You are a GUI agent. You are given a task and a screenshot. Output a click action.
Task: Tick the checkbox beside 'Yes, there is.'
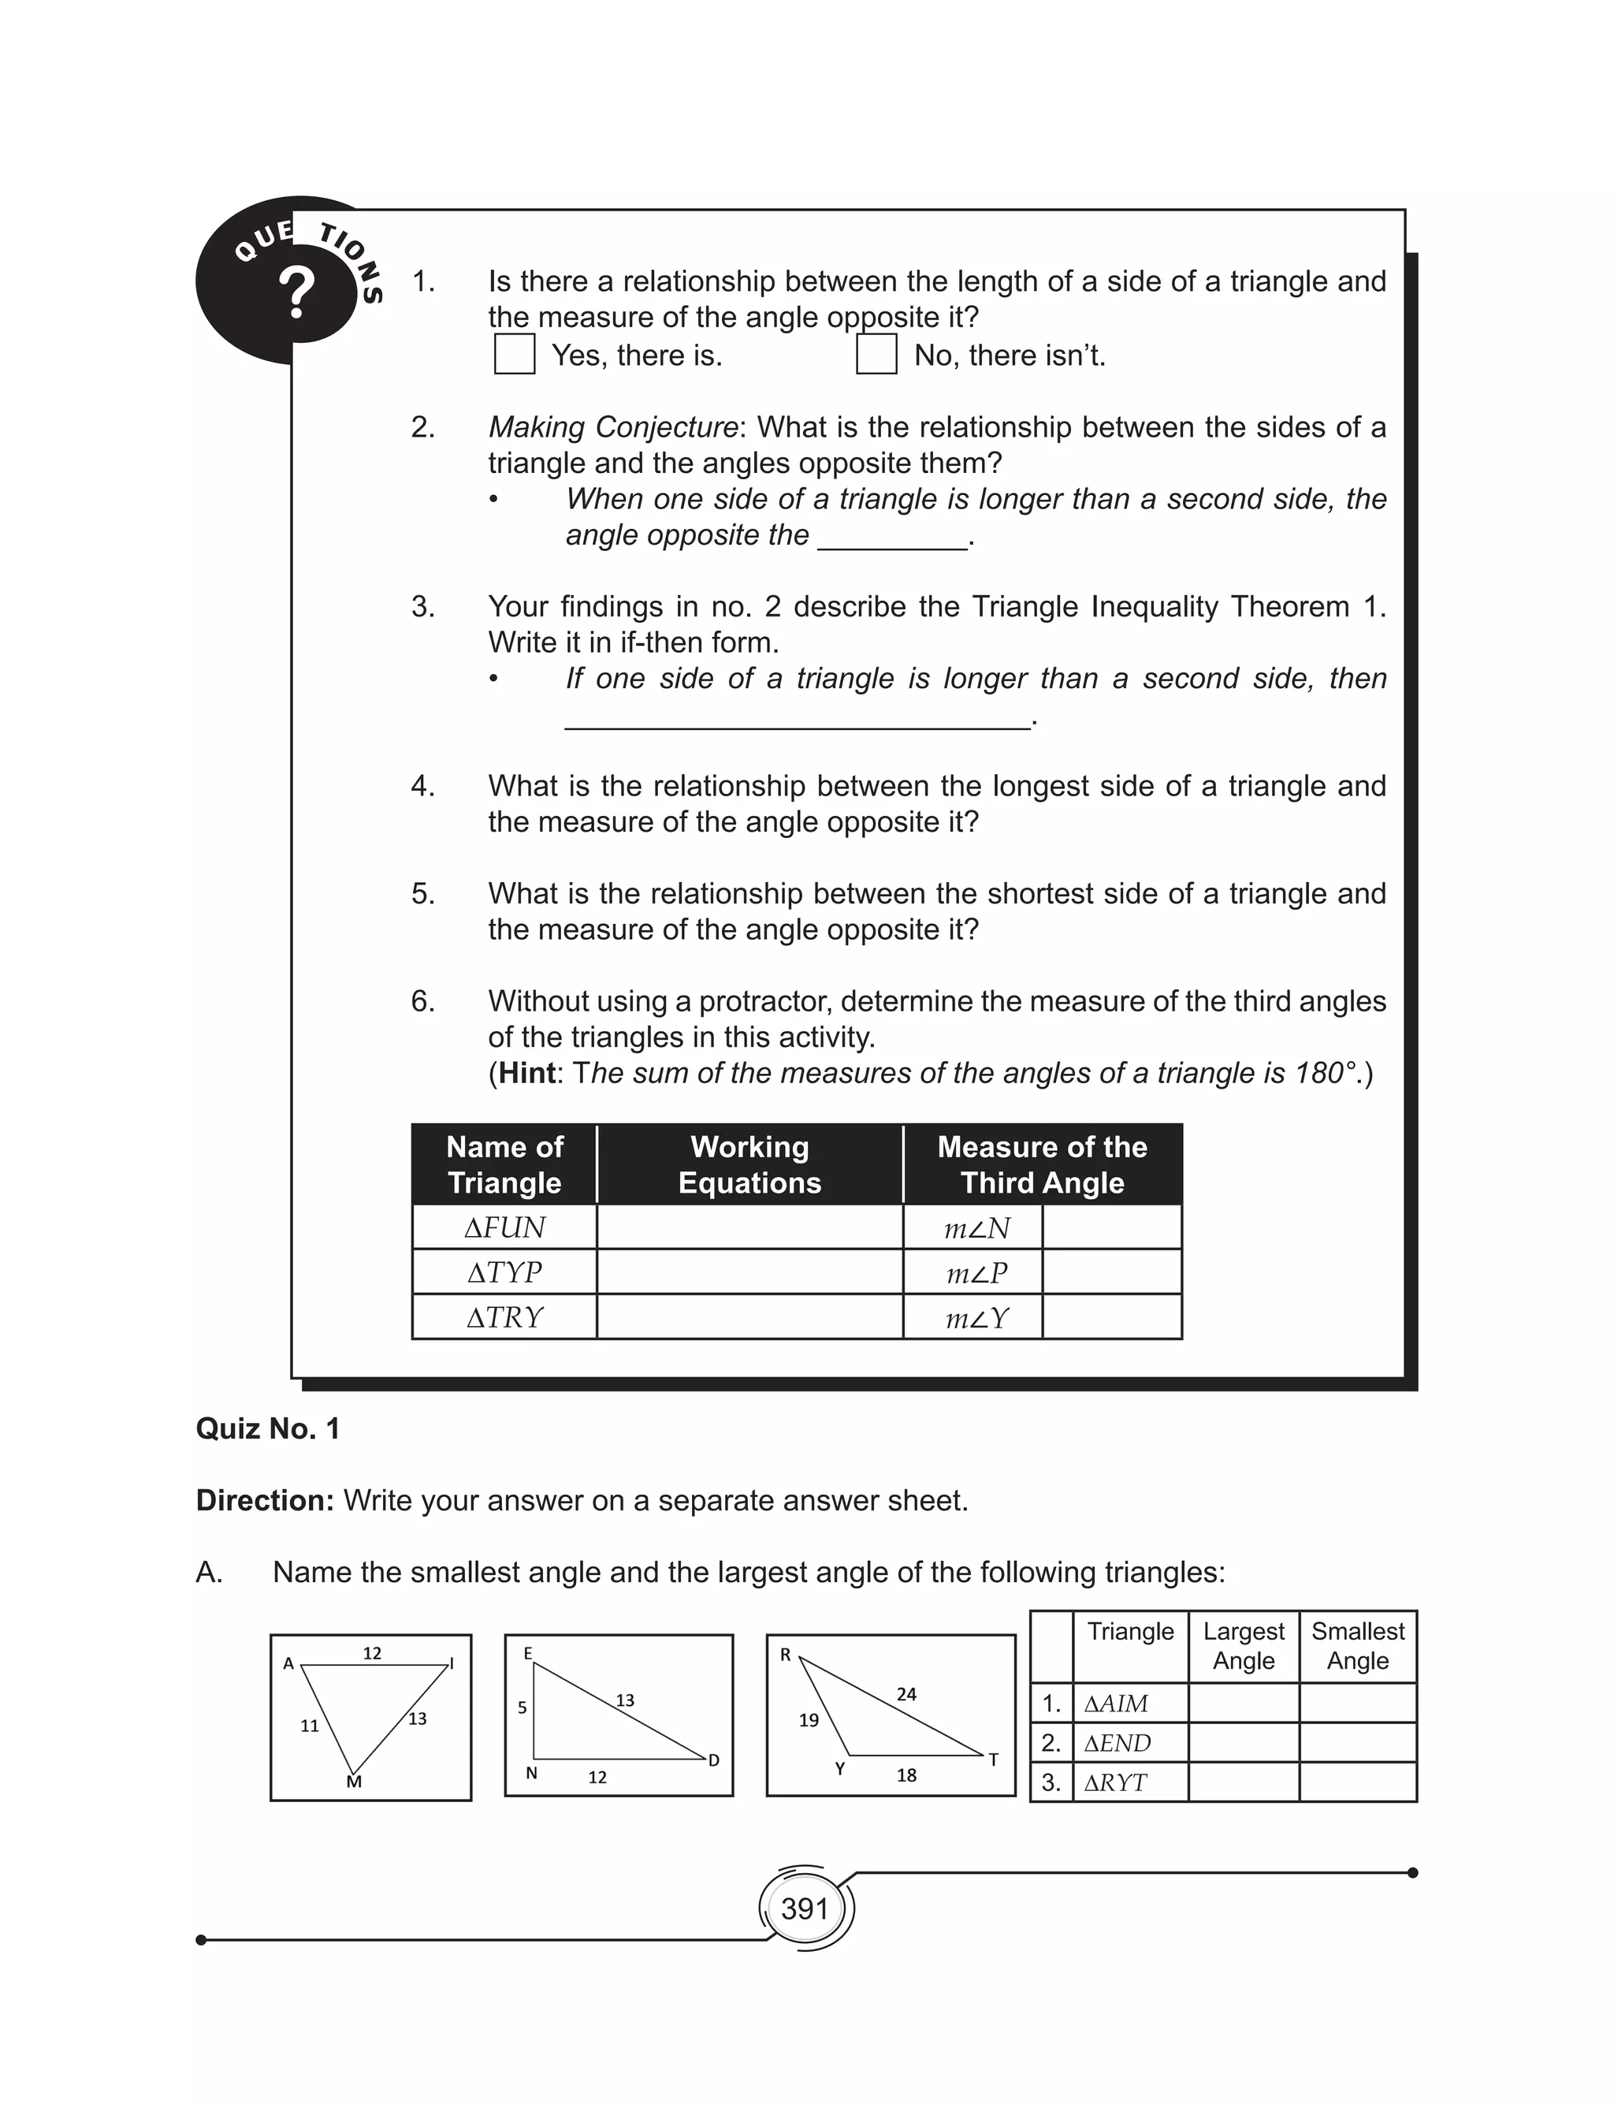514,355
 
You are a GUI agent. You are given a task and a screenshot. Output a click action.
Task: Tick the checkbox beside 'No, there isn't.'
876,355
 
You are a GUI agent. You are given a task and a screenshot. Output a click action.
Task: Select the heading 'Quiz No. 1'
267,1428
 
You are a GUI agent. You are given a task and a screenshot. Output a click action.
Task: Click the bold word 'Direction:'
264,1501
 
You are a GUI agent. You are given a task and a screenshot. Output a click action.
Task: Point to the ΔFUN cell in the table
504,1228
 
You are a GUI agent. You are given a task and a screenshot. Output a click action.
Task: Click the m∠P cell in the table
975,1273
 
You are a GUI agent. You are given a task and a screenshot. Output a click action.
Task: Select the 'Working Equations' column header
749,1164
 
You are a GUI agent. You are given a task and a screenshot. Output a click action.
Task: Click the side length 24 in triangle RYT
906,1695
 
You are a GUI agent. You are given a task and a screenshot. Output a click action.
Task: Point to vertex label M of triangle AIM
354,1782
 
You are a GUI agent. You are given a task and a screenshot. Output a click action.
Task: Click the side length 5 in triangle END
522,1708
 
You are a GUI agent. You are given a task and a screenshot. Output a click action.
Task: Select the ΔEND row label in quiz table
1118,1743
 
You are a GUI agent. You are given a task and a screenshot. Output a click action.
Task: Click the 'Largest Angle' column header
1243,1646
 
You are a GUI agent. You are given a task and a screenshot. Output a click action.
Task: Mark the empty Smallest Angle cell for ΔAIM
1358,1704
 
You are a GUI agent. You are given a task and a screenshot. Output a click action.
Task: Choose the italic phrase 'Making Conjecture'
613,426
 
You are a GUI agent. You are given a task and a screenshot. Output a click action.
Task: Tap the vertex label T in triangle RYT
993,1760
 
